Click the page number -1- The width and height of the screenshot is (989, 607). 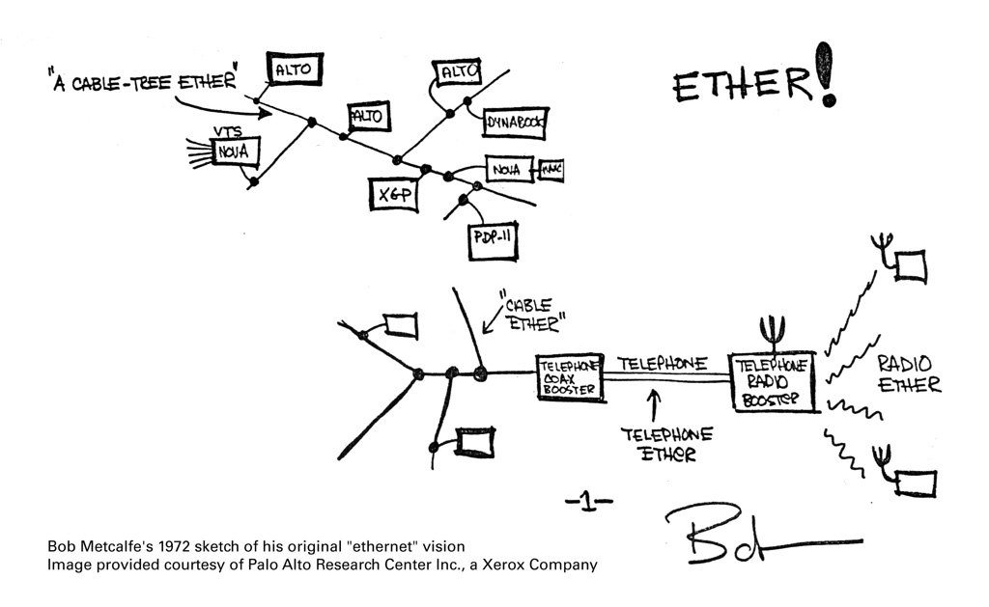click(588, 500)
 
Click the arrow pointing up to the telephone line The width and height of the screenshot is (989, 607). click(654, 401)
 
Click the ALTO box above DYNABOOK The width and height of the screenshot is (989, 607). click(459, 73)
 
